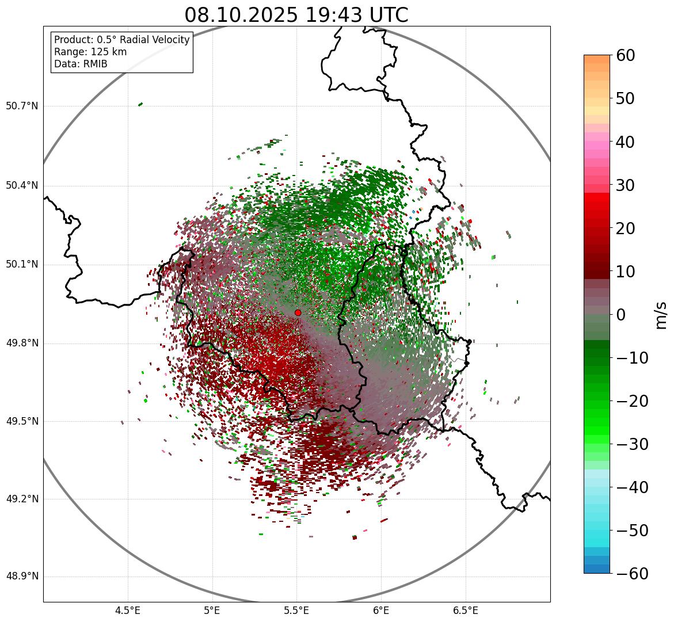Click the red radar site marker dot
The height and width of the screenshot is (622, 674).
coord(298,312)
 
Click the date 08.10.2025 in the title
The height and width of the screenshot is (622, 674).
coord(241,15)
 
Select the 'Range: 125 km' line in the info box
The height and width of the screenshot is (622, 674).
coord(90,52)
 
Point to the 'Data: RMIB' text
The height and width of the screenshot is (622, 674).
coord(81,64)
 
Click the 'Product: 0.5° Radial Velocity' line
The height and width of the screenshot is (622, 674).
coord(121,40)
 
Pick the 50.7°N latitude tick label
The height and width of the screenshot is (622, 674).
coord(22,106)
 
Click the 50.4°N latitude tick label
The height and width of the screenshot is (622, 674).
coord(22,185)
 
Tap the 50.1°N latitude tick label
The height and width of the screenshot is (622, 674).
coord(22,265)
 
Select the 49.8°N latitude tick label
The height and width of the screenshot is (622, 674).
coord(22,344)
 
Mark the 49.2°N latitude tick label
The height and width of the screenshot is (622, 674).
coord(22,499)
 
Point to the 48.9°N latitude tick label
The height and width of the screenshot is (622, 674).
coord(22,577)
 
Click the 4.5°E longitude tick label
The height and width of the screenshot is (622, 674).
coord(128,610)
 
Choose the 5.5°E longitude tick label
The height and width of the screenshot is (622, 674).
coord(296,610)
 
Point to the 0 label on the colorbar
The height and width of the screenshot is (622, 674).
coord(621,315)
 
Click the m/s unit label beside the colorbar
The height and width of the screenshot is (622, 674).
coord(661,315)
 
